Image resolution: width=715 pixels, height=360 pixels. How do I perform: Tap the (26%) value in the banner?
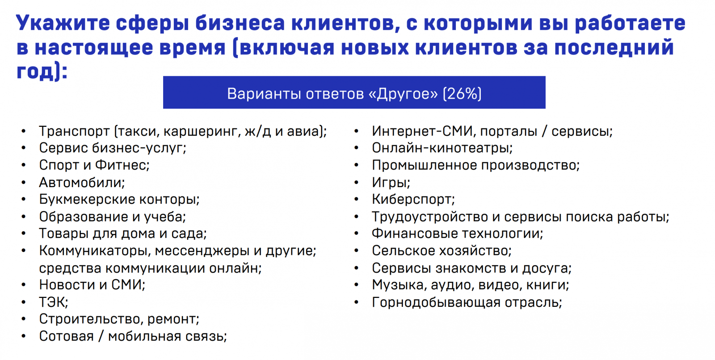pyautogui.click(x=462, y=94)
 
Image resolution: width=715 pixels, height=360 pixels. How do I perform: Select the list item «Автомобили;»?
pyautogui.click(x=82, y=183)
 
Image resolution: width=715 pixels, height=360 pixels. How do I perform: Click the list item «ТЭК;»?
pyautogui.click(x=54, y=302)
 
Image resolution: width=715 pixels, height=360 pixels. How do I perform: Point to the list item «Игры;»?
pyautogui.click(x=391, y=183)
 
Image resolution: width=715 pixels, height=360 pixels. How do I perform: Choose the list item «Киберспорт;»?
pyautogui.click(x=413, y=200)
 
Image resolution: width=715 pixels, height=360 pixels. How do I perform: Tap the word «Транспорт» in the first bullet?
pyautogui.click(x=74, y=131)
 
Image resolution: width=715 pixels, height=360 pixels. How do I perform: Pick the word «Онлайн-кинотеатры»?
pyautogui.click(x=442, y=148)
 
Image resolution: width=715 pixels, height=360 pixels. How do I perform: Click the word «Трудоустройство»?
pyautogui.click(x=429, y=217)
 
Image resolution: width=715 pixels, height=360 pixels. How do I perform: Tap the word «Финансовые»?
pyautogui.click(x=415, y=234)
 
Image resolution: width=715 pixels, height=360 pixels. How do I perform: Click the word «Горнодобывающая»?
pyautogui.click(x=436, y=302)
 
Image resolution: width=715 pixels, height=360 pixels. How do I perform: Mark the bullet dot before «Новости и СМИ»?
pyautogui.click(x=24, y=285)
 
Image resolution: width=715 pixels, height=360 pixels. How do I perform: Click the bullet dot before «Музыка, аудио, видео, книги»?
pyautogui.click(x=357, y=285)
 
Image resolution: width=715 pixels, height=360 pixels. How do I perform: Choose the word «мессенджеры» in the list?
pyautogui.click(x=202, y=251)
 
